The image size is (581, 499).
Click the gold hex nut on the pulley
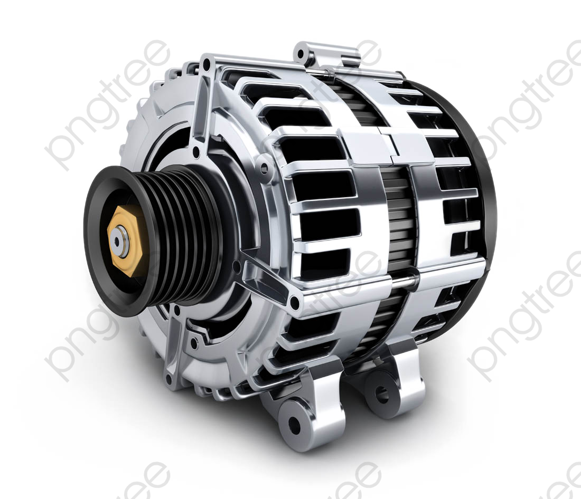pyautogui.click(x=125, y=242)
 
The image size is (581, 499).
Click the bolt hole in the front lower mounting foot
pyautogui.click(x=294, y=422)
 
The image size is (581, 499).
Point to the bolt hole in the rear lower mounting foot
pyautogui.click(x=382, y=396)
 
